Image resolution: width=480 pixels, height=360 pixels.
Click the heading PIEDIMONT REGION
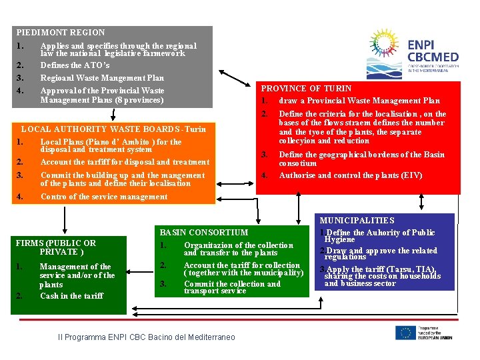(60, 32)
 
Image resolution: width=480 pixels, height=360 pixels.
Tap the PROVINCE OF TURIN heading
(306, 88)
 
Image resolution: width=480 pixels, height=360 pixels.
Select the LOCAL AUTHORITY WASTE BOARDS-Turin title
(114, 129)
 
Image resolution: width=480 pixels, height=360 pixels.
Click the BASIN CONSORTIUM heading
(203, 233)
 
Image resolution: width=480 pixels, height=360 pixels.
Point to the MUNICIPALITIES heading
(357, 221)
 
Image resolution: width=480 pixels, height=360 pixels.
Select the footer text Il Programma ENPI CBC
(147, 337)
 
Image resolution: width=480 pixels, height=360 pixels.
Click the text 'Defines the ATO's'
(75, 65)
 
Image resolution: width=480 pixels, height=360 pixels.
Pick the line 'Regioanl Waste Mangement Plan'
(102, 78)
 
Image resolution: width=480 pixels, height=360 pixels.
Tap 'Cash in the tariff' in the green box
(71, 296)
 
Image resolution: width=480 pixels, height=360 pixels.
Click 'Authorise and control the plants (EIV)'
(351, 175)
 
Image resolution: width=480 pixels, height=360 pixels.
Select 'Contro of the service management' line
(103, 197)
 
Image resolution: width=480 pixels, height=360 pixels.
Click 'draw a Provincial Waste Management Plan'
(359, 101)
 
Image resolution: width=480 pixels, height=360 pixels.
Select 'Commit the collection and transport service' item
(232, 287)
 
